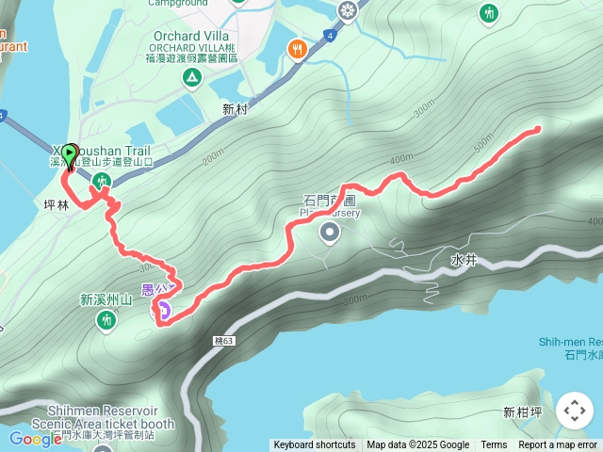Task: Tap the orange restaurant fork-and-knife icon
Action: pyautogui.click(x=298, y=49)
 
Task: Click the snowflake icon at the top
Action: pyautogui.click(x=348, y=11)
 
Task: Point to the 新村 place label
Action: pyautogui.click(x=235, y=109)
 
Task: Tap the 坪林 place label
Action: pyautogui.click(x=57, y=203)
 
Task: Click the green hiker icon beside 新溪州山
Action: pyautogui.click(x=105, y=320)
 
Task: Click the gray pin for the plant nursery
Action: pyautogui.click(x=330, y=232)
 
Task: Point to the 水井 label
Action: pyautogui.click(x=464, y=259)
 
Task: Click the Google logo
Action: pyautogui.click(x=36, y=439)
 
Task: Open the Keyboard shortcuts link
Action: pyautogui.click(x=315, y=445)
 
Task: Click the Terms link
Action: pyautogui.click(x=494, y=445)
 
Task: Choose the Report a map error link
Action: pyautogui.click(x=558, y=445)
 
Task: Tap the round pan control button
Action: pyautogui.click(x=574, y=411)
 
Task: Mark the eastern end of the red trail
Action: pyautogui.click(x=538, y=129)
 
